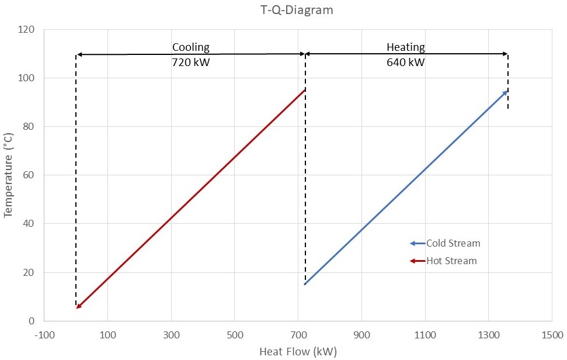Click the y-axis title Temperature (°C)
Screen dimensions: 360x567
[8, 175]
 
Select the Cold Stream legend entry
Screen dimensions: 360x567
[453, 243]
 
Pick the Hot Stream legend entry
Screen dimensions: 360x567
[451, 261]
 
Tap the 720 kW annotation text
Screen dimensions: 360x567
[190, 61]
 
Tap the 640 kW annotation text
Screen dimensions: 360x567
[405, 61]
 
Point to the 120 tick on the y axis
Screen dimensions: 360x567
[26, 29]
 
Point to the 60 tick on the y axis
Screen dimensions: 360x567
[29, 175]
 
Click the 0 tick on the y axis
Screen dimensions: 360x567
[31, 321]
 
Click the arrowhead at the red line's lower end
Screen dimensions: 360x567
[78, 306]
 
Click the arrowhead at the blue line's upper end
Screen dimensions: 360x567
[505, 92]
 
